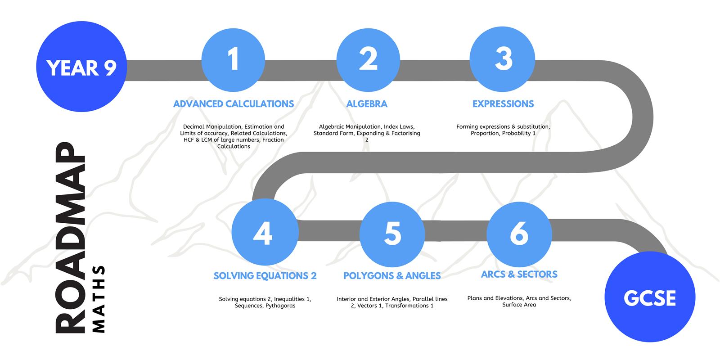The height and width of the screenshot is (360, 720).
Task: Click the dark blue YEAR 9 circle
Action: coord(81,67)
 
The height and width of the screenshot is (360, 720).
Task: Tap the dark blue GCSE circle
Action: coord(650,297)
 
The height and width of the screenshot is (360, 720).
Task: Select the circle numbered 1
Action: coord(234,60)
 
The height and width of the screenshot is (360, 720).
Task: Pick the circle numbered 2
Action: coord(369,60)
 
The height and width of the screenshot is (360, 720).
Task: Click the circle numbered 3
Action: coord(502,59)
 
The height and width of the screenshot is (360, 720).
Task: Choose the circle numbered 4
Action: coord(265,232)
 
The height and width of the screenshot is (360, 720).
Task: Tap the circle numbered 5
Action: coord(392,234)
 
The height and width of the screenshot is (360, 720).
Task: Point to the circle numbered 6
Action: coord(519,234)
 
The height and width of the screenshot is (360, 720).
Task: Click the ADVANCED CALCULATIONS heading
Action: coord(234,104)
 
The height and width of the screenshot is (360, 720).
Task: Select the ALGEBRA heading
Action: coord(367,104)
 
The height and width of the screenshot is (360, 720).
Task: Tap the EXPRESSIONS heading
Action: coord(503,104)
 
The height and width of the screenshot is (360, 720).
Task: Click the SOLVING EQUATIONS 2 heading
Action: coord(265,276)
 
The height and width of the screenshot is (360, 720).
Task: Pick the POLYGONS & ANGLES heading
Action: coord(392,276)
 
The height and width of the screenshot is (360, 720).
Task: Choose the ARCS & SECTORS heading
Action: coord(519,274)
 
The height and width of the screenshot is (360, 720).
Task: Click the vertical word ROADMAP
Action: coord(70,238)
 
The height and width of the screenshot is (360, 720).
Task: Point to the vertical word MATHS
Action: coord(99,299)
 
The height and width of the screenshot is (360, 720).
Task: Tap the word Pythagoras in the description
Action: coord(281,306)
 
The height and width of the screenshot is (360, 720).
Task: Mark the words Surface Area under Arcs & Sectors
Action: coord(519,305)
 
